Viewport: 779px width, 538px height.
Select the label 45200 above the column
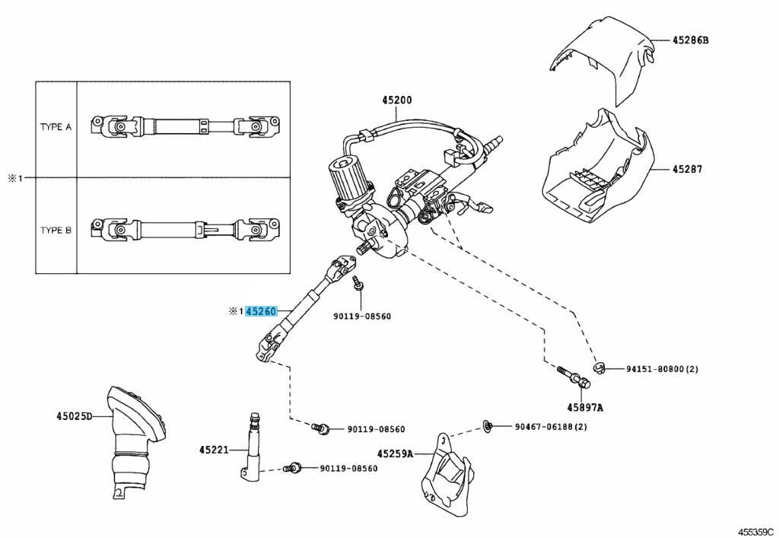click(397, 100)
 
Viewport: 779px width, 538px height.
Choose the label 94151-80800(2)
click(662, 369)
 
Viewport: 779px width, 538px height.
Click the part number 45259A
click(396, 454)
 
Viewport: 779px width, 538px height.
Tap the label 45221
click(215, 450)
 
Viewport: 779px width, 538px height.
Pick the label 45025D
click(73, 416)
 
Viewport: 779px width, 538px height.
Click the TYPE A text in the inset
click(56, 127)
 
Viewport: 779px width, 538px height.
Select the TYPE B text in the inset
click(56, 229)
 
